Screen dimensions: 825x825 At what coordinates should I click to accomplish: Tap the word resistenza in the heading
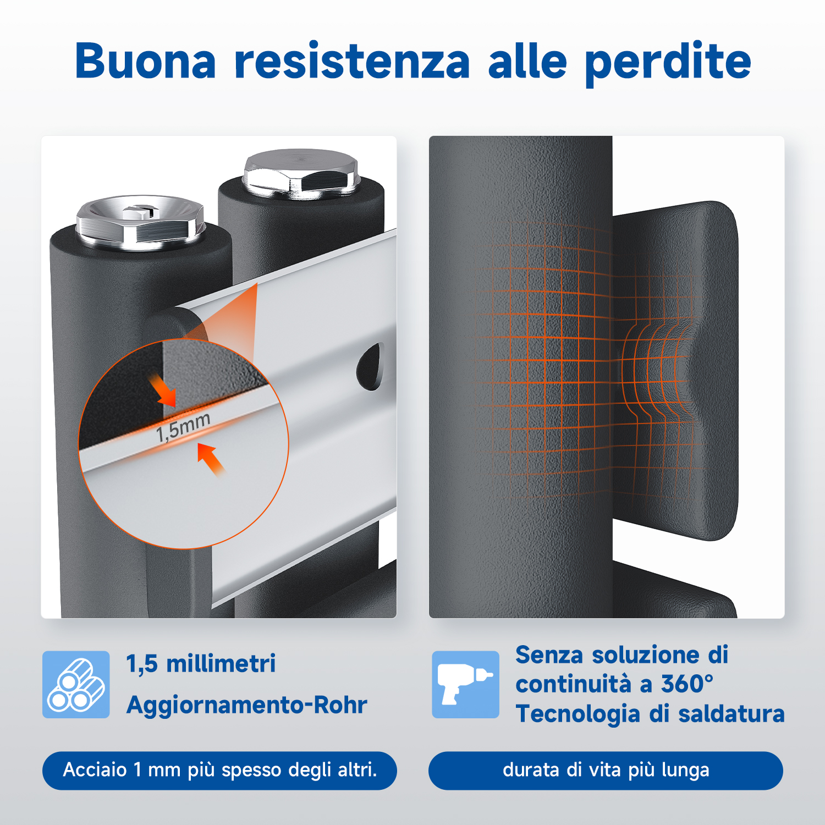353,60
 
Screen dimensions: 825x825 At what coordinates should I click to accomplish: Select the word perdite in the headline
668,63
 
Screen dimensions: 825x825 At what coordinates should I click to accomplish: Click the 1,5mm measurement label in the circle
183,427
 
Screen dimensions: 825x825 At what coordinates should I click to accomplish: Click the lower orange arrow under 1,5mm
211,459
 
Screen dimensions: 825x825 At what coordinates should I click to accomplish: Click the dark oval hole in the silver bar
370,366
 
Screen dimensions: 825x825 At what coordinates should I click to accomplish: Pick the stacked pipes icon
76,684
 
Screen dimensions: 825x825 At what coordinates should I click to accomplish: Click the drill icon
465,684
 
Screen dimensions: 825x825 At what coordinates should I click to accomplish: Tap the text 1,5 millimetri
201,664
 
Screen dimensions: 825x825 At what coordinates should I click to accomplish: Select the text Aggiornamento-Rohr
246,705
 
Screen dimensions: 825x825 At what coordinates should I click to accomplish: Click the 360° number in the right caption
687,684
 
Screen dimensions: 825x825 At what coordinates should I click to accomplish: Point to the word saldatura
731,714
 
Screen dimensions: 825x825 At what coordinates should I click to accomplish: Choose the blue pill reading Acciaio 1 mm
219,771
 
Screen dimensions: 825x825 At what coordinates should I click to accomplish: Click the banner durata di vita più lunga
606,771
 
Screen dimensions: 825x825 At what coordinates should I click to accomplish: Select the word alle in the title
527,60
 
